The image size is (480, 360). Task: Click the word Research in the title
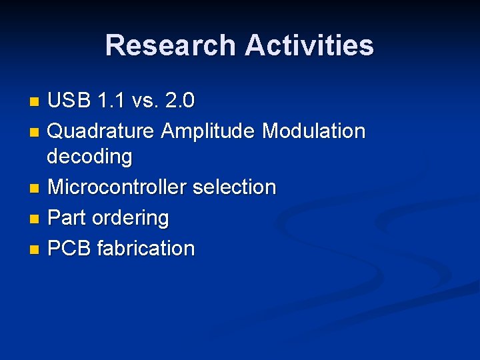coord(171,45)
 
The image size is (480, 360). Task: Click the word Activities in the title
coord(309,45)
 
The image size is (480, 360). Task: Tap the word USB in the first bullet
coord(69,101)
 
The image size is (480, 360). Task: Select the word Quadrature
coord(101,131)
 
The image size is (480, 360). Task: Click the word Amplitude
coord(209,131)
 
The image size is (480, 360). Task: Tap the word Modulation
coord(313,131)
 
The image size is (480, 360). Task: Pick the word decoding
coord(89,157)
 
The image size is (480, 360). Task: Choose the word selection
coord(234,187)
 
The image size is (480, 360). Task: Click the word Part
coord(66,218)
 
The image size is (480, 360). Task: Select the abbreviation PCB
coord(70,249)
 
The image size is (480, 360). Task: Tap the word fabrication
coord(146,249)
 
